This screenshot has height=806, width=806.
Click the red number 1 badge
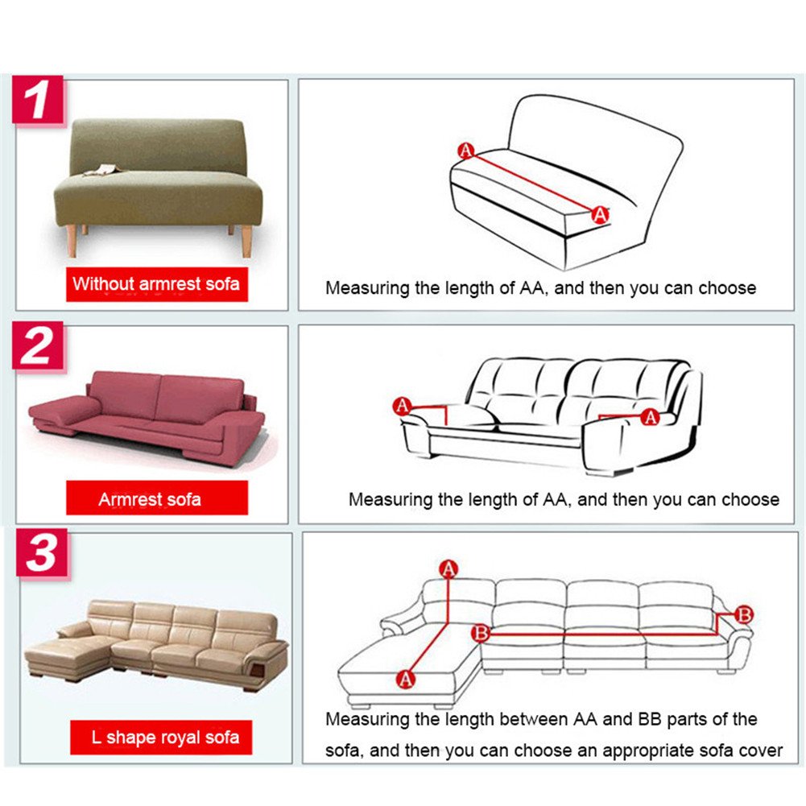[38, 100]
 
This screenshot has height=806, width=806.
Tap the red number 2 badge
[38, 345]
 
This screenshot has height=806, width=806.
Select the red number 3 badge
[42, 552]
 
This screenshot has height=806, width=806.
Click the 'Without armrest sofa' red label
[157, 283]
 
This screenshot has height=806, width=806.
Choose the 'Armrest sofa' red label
[157, 498]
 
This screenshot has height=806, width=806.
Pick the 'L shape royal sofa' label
[161, 737]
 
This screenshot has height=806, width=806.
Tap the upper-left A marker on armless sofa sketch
[465, 151]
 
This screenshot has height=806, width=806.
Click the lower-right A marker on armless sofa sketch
[601, 214]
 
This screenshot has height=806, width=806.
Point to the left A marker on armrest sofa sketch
[402, 406]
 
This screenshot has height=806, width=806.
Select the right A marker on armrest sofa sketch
[651, 417]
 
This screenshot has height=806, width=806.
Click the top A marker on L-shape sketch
[448, 569]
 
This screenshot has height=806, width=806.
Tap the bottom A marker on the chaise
[406, 679]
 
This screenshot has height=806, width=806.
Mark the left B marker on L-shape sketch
[481, 632]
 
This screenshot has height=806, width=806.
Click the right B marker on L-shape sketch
[744, 614]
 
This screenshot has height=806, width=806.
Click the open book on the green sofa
[103, 170]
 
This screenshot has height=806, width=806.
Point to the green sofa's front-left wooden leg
[72, 241]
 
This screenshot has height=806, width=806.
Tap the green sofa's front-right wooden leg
[246, 241]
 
